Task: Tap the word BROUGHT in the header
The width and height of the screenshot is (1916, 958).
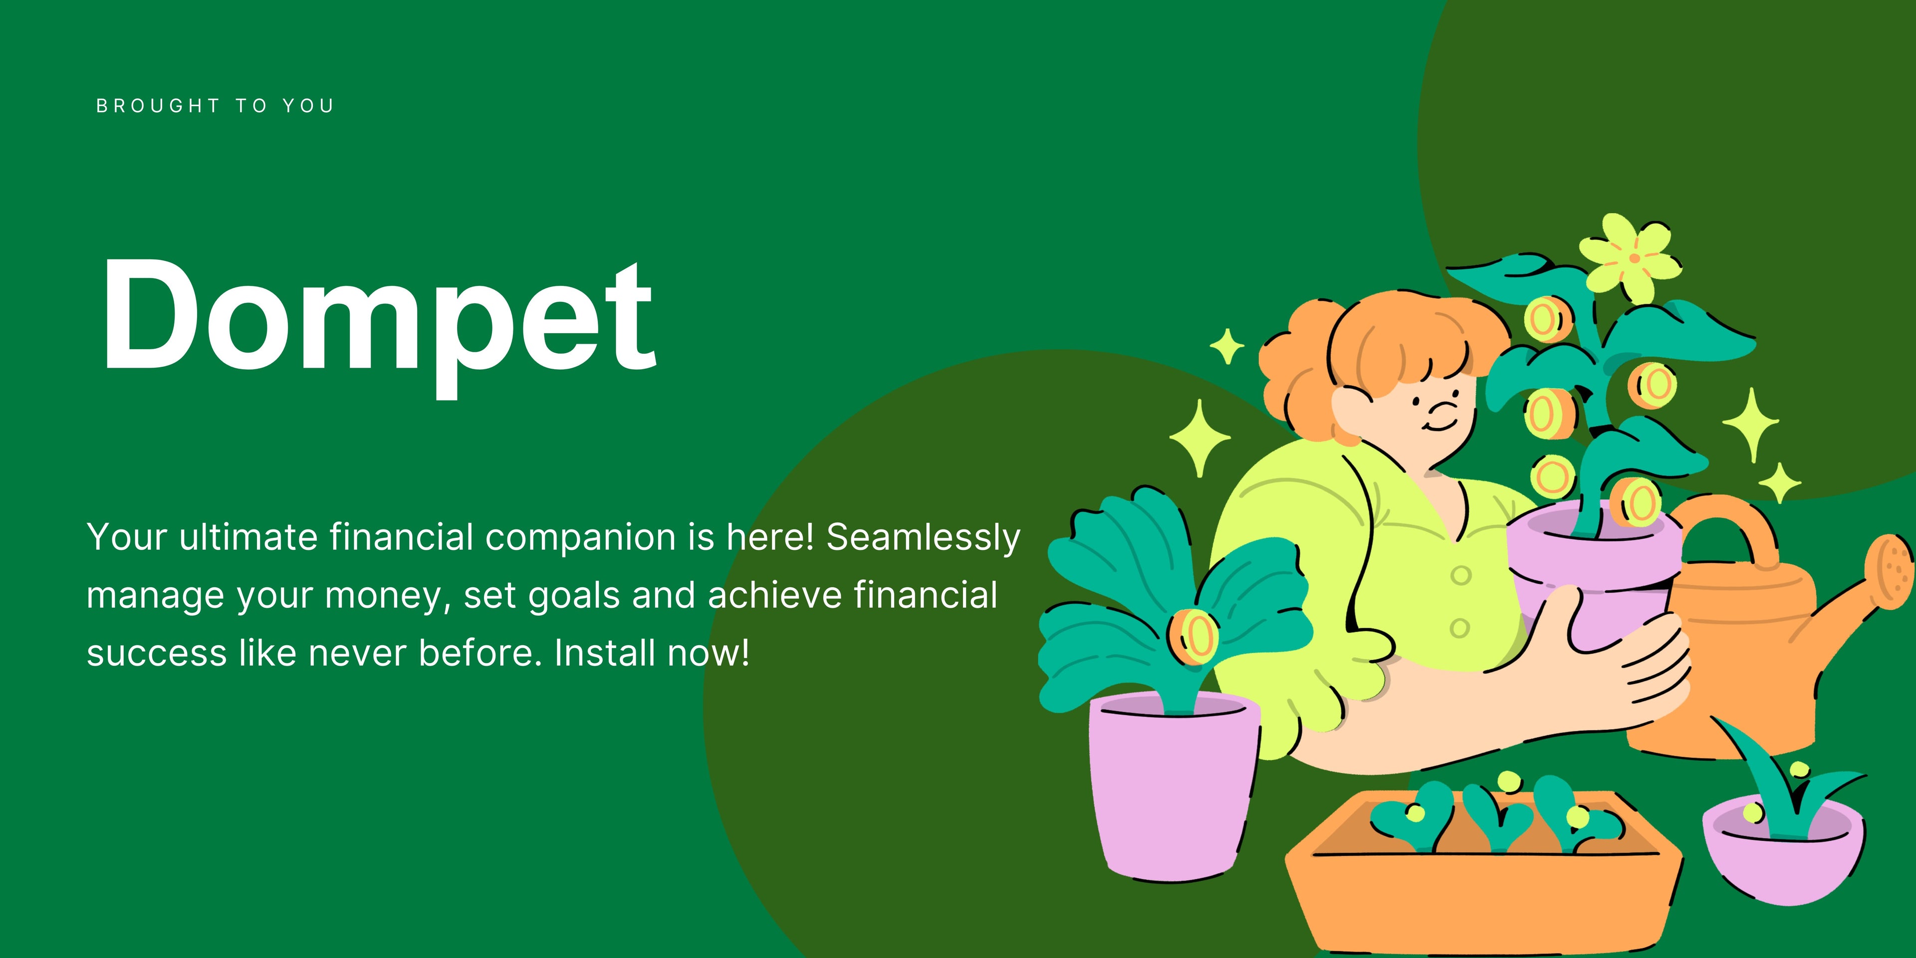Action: coord(158,106)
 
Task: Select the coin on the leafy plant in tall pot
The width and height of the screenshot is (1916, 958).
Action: coord(1193,636)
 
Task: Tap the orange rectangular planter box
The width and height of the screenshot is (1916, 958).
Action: coord(1484,874)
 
